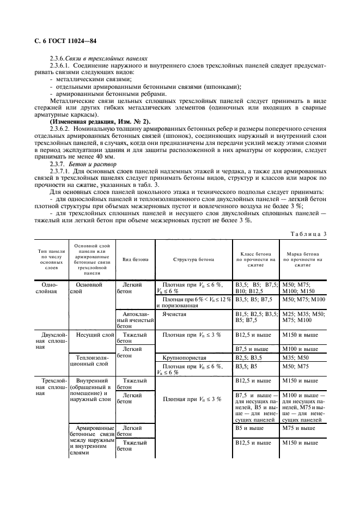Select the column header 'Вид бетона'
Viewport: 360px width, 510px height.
tap(135, 260)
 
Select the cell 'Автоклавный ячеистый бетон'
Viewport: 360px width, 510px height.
tap(135, 320)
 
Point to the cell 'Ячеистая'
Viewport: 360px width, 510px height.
tap(173, 314)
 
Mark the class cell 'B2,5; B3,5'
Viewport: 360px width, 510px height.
tap(248, 357)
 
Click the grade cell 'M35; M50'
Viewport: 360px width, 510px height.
tap(295, 357)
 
